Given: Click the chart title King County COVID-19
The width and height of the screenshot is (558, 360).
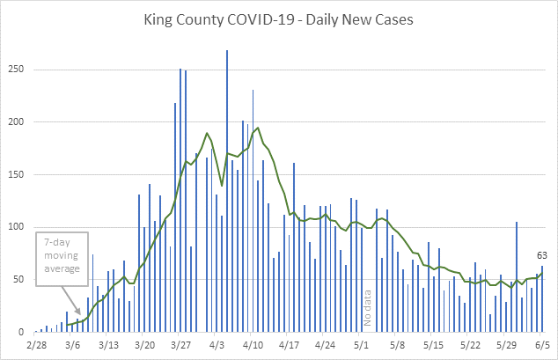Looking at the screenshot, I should click(x=278, y=18).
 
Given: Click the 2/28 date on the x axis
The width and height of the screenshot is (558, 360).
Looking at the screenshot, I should click(x=36, y=345).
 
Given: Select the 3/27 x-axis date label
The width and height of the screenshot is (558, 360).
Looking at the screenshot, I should click(x=181, y=345).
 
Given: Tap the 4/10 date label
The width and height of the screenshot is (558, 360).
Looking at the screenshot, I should click(x=253, y=345).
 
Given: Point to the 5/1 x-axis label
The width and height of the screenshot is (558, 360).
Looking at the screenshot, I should click(x=362, y=345).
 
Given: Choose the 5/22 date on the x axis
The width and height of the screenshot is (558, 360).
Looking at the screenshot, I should click(x=470, y=345).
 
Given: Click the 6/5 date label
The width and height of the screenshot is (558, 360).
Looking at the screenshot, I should click(x=542, y=345).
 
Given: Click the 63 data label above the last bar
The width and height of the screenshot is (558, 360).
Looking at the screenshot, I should click(x=542, y=256).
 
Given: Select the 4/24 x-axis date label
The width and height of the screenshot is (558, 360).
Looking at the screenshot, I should click(x=326, y=345).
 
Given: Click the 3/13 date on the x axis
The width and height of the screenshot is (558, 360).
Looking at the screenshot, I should click(x=108, y=345).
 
